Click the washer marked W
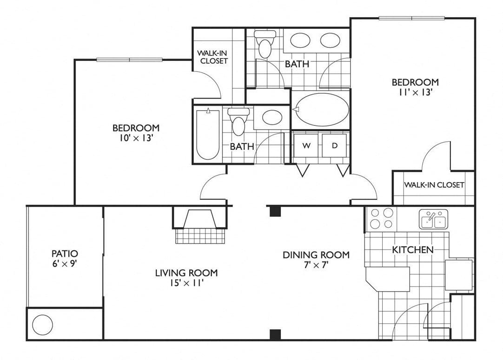(307, 145)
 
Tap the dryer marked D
(334, 145)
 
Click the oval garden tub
(322, 110)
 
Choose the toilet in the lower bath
(238, 122)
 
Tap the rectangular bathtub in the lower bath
(208, 135)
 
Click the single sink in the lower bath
(272, 117)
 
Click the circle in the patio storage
(42, 325)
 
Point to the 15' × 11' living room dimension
(187, 283)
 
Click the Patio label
(65, 254)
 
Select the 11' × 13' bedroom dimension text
(416, 92)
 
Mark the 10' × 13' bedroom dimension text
(136, 138)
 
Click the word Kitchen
(413, 249)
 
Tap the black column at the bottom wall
(275, 334)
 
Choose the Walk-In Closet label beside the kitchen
(434, 185)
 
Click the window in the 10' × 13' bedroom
(130, 59)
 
